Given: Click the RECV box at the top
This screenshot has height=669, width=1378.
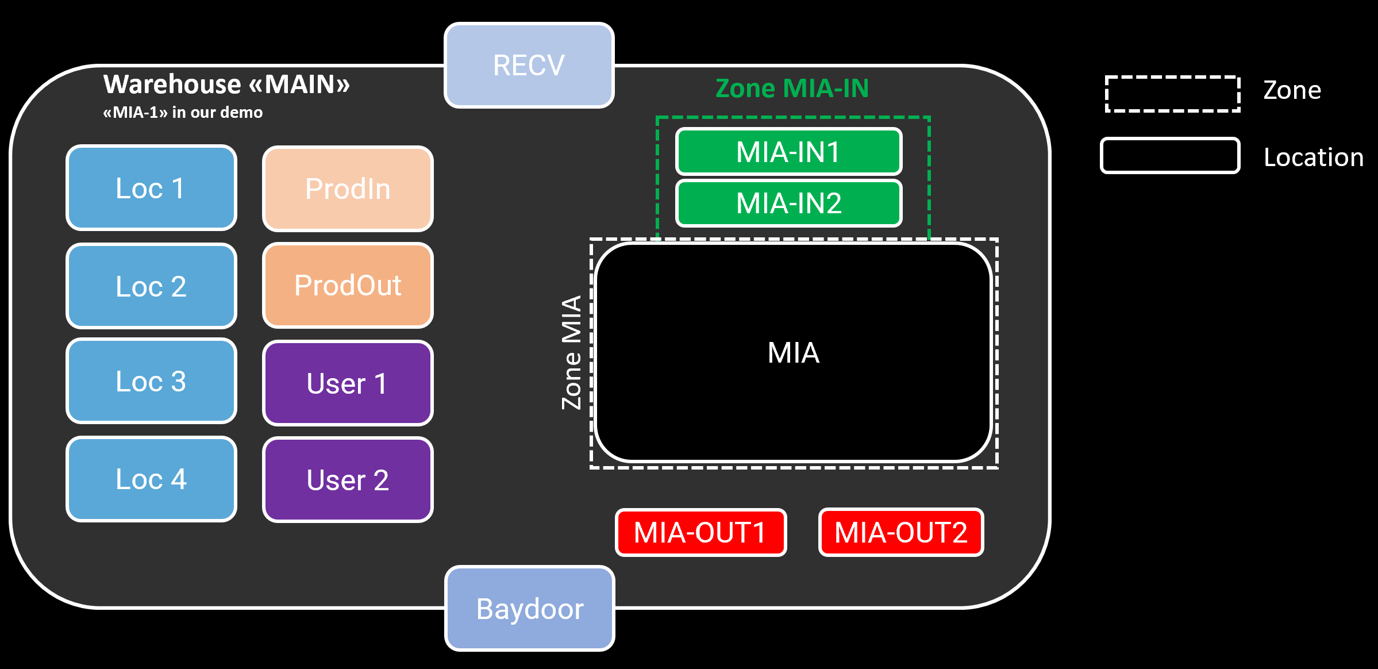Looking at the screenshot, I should coord(529,66).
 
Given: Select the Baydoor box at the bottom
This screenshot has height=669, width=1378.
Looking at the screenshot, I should coord(530,609).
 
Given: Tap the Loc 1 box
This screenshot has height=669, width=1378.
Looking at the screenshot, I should coord(151,188).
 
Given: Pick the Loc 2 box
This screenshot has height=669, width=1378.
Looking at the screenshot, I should coord(151,286).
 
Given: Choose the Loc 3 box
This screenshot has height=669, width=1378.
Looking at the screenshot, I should coord(151,381).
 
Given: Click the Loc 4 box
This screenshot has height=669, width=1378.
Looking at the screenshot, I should coord(151,479).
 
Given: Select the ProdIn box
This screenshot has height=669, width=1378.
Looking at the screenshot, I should coord(348,189).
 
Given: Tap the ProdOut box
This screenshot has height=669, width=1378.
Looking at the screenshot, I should coord(348,286).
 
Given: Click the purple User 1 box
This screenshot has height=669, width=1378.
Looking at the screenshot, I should coord(348,383).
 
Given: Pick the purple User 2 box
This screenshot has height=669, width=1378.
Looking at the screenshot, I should coord(348,480).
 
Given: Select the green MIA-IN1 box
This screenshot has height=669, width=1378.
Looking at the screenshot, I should coord(788,152).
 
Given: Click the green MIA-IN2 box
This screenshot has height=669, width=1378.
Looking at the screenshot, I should coord(788,203).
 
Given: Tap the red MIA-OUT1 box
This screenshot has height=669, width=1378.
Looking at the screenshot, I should coord(700,532).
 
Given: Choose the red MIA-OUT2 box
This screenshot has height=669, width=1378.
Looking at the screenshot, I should coord(901,532).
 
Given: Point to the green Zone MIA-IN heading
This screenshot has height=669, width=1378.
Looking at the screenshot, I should coord(792,89).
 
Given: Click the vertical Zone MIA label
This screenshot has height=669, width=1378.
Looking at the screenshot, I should coord(572,352).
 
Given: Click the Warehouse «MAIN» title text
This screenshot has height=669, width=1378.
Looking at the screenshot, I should coord(226,84).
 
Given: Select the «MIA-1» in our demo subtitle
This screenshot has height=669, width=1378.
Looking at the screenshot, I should coord(183,112).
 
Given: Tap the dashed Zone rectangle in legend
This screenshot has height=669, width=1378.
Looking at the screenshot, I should coord(1172,94).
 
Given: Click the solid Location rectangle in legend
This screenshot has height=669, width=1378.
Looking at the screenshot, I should coord(1170,155).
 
